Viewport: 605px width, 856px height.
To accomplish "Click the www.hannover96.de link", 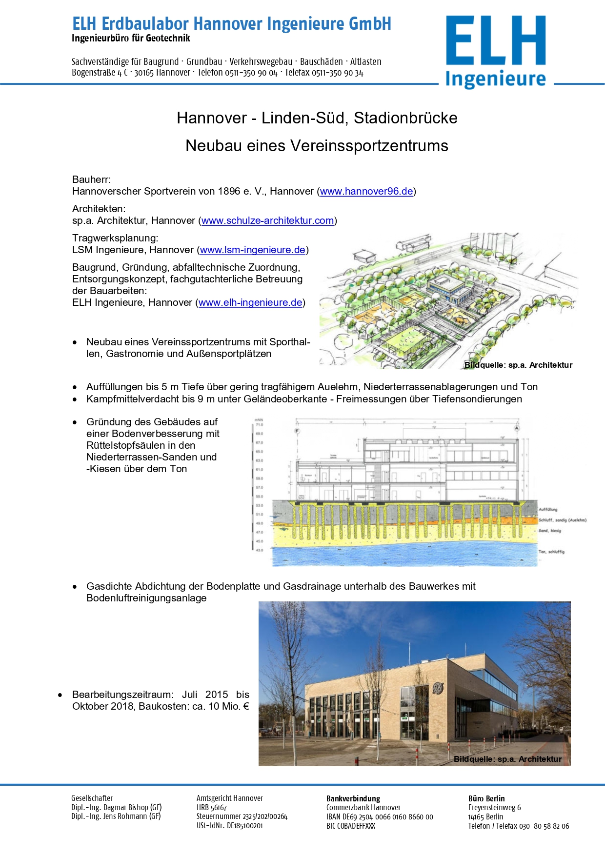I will pyautogui.click(x=366, y=191).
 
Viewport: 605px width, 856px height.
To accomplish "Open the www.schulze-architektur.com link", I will pyautogui.click(x=267, y=220).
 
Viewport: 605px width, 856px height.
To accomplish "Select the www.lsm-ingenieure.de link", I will pyautogui.click(x=252, y=250).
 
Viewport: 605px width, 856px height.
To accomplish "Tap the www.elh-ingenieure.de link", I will pyautogui.click(x=250, y=302).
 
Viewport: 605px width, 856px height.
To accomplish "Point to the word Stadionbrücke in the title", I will pyautogui.click(x=405, y=118).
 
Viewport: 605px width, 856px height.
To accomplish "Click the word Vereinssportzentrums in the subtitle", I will pyautogui.click(x=369, y=146).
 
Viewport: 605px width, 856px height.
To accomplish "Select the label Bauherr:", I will pyautogui.click(x=92, y=179).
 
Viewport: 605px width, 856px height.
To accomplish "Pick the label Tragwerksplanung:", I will pyautogui.click(x=115, y=238).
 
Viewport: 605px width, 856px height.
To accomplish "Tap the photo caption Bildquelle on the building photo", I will pyautogui.click(x=507, y=759).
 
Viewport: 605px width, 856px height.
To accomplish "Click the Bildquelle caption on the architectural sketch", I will pyautogui.click(x=518, y=365).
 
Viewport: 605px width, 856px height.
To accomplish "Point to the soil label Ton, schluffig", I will pyautogui.click(x=551, y=552).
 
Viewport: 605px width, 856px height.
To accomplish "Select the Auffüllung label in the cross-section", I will pyautogui.click(x=548, y=509).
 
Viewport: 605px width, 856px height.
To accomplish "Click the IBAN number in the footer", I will pyautogui.click(x=380, y=817).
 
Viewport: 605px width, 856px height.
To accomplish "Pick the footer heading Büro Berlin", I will pyautogui.click(x=486, y=798).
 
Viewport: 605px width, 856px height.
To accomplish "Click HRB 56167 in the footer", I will pyautogui.click(x=212, y=808).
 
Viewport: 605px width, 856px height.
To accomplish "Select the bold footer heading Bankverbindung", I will pyautogui.click(x=353, y=798).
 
